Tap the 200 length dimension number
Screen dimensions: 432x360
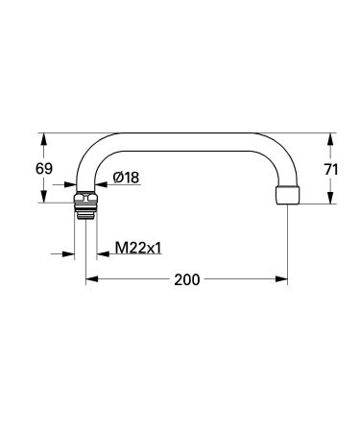(187, 280)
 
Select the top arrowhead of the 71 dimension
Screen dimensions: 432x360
(330, 137)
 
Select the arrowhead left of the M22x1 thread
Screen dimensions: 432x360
(70, 255)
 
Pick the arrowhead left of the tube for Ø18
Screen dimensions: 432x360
(73, 186)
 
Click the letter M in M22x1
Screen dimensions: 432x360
(119, 248)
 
